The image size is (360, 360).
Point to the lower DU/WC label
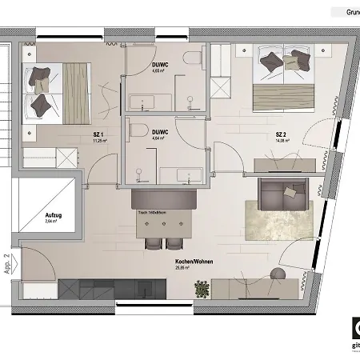point(158,131)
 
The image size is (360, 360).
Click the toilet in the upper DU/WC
point(192,61)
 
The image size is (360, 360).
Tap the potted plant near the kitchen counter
point(203,287)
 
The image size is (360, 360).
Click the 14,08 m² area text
point(282,142)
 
